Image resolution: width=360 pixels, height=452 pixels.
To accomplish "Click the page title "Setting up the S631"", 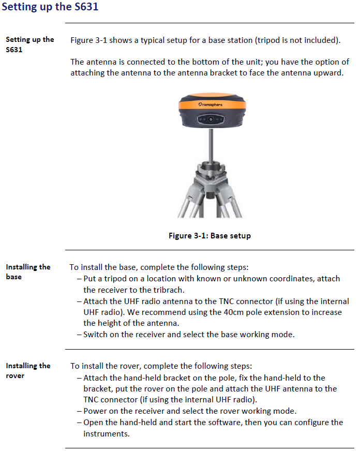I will pos(50,7).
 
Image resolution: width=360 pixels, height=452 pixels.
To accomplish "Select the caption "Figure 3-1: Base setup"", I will pos(209,236).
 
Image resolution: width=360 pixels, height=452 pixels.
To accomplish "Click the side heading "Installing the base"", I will pos(28,272).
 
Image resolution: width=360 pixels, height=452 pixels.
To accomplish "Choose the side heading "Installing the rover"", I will pos(28,370).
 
